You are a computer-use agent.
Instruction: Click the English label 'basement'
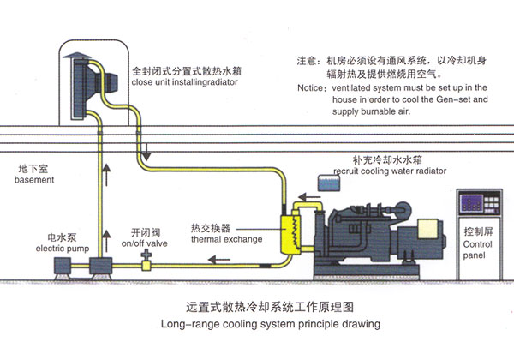pyautogui.click(x=35, y=181)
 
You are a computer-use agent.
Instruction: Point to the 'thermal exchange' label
pyautogui.click(x=226, y=239)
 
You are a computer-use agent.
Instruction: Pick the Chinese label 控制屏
pyautogui.click(x=476, y=231)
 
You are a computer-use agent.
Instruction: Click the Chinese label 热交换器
pyautogui.click(x=210, y=228)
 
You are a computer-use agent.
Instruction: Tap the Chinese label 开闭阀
pyautogui.click(x=147, y=231)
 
